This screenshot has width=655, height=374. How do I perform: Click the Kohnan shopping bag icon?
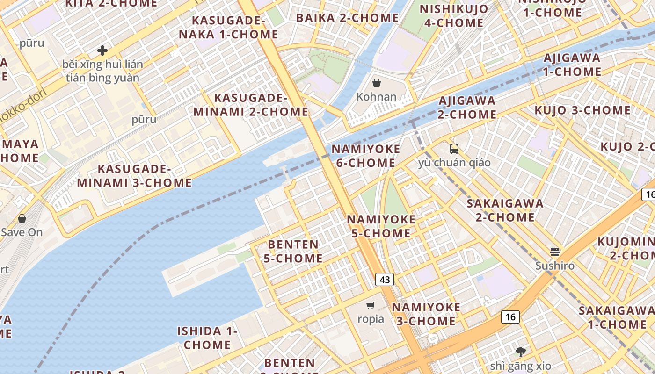[x=376, y=83]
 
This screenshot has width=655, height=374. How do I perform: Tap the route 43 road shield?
[x=385, y=280]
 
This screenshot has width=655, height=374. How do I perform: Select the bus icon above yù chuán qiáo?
[x=454, y=149]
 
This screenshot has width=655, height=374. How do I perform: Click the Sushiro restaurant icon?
[x=555, y=252]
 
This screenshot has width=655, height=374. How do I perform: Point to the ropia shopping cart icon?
[x=371, y=306]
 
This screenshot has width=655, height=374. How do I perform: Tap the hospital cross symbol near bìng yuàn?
[x=102, y=50]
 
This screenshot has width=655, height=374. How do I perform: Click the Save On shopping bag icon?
[x=22, y=218]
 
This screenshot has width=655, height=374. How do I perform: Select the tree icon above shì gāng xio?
[x=520, y=352]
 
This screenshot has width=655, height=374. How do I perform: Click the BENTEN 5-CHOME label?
[x=293, y=251]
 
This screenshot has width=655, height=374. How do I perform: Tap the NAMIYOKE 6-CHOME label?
[x=366, y=156]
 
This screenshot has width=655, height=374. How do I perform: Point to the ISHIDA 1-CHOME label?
[x=207, y=338]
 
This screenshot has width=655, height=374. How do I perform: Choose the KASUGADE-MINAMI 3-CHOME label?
[x=134, y=176]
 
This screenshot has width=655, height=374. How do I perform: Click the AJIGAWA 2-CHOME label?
[x=467, y=108]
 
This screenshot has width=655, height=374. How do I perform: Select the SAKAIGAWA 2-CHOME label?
[x=505, y=210]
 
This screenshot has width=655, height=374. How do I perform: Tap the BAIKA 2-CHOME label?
[x=347, y=18]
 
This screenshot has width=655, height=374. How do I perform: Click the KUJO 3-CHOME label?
[x=582, y=110]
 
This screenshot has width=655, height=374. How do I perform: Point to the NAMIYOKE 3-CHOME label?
[x=426, y=314]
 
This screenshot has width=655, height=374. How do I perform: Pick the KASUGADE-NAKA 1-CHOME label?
[x=228, y=27]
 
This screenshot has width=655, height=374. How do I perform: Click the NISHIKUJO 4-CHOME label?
[x=453, y=15]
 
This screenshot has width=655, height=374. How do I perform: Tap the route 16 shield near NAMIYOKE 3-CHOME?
[x=510, y=317]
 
